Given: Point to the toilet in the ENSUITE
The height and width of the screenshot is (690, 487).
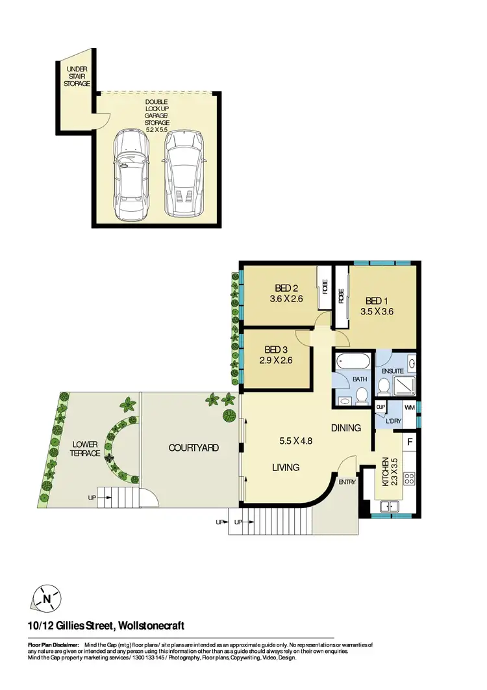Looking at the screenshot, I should tap(383, 388).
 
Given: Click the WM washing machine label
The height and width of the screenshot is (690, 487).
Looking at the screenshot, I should tap(409, 407).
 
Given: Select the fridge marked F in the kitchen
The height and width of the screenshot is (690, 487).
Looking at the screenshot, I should tap(410, 442).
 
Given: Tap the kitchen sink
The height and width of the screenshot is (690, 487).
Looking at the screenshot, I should tap(391, 506).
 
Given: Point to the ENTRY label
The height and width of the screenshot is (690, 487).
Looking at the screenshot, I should tap(347, 481).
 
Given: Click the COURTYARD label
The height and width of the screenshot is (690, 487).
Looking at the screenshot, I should tap(194, 448).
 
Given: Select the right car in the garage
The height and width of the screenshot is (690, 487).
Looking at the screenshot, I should tap(184, 175).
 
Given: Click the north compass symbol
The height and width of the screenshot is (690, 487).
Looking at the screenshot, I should tap(46, 598).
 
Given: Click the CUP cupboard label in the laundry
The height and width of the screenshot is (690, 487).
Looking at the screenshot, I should tap(381, 408).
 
